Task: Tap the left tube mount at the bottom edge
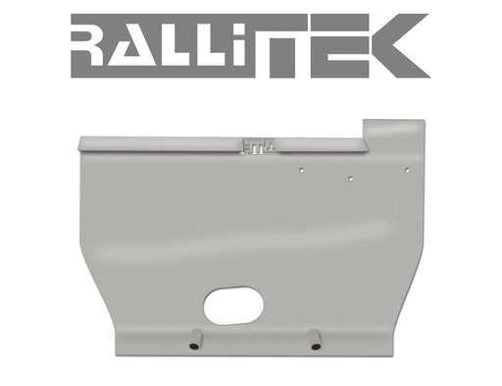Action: point(193,342)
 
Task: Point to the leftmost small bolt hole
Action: point(302,169)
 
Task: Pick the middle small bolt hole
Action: point(350,179)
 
